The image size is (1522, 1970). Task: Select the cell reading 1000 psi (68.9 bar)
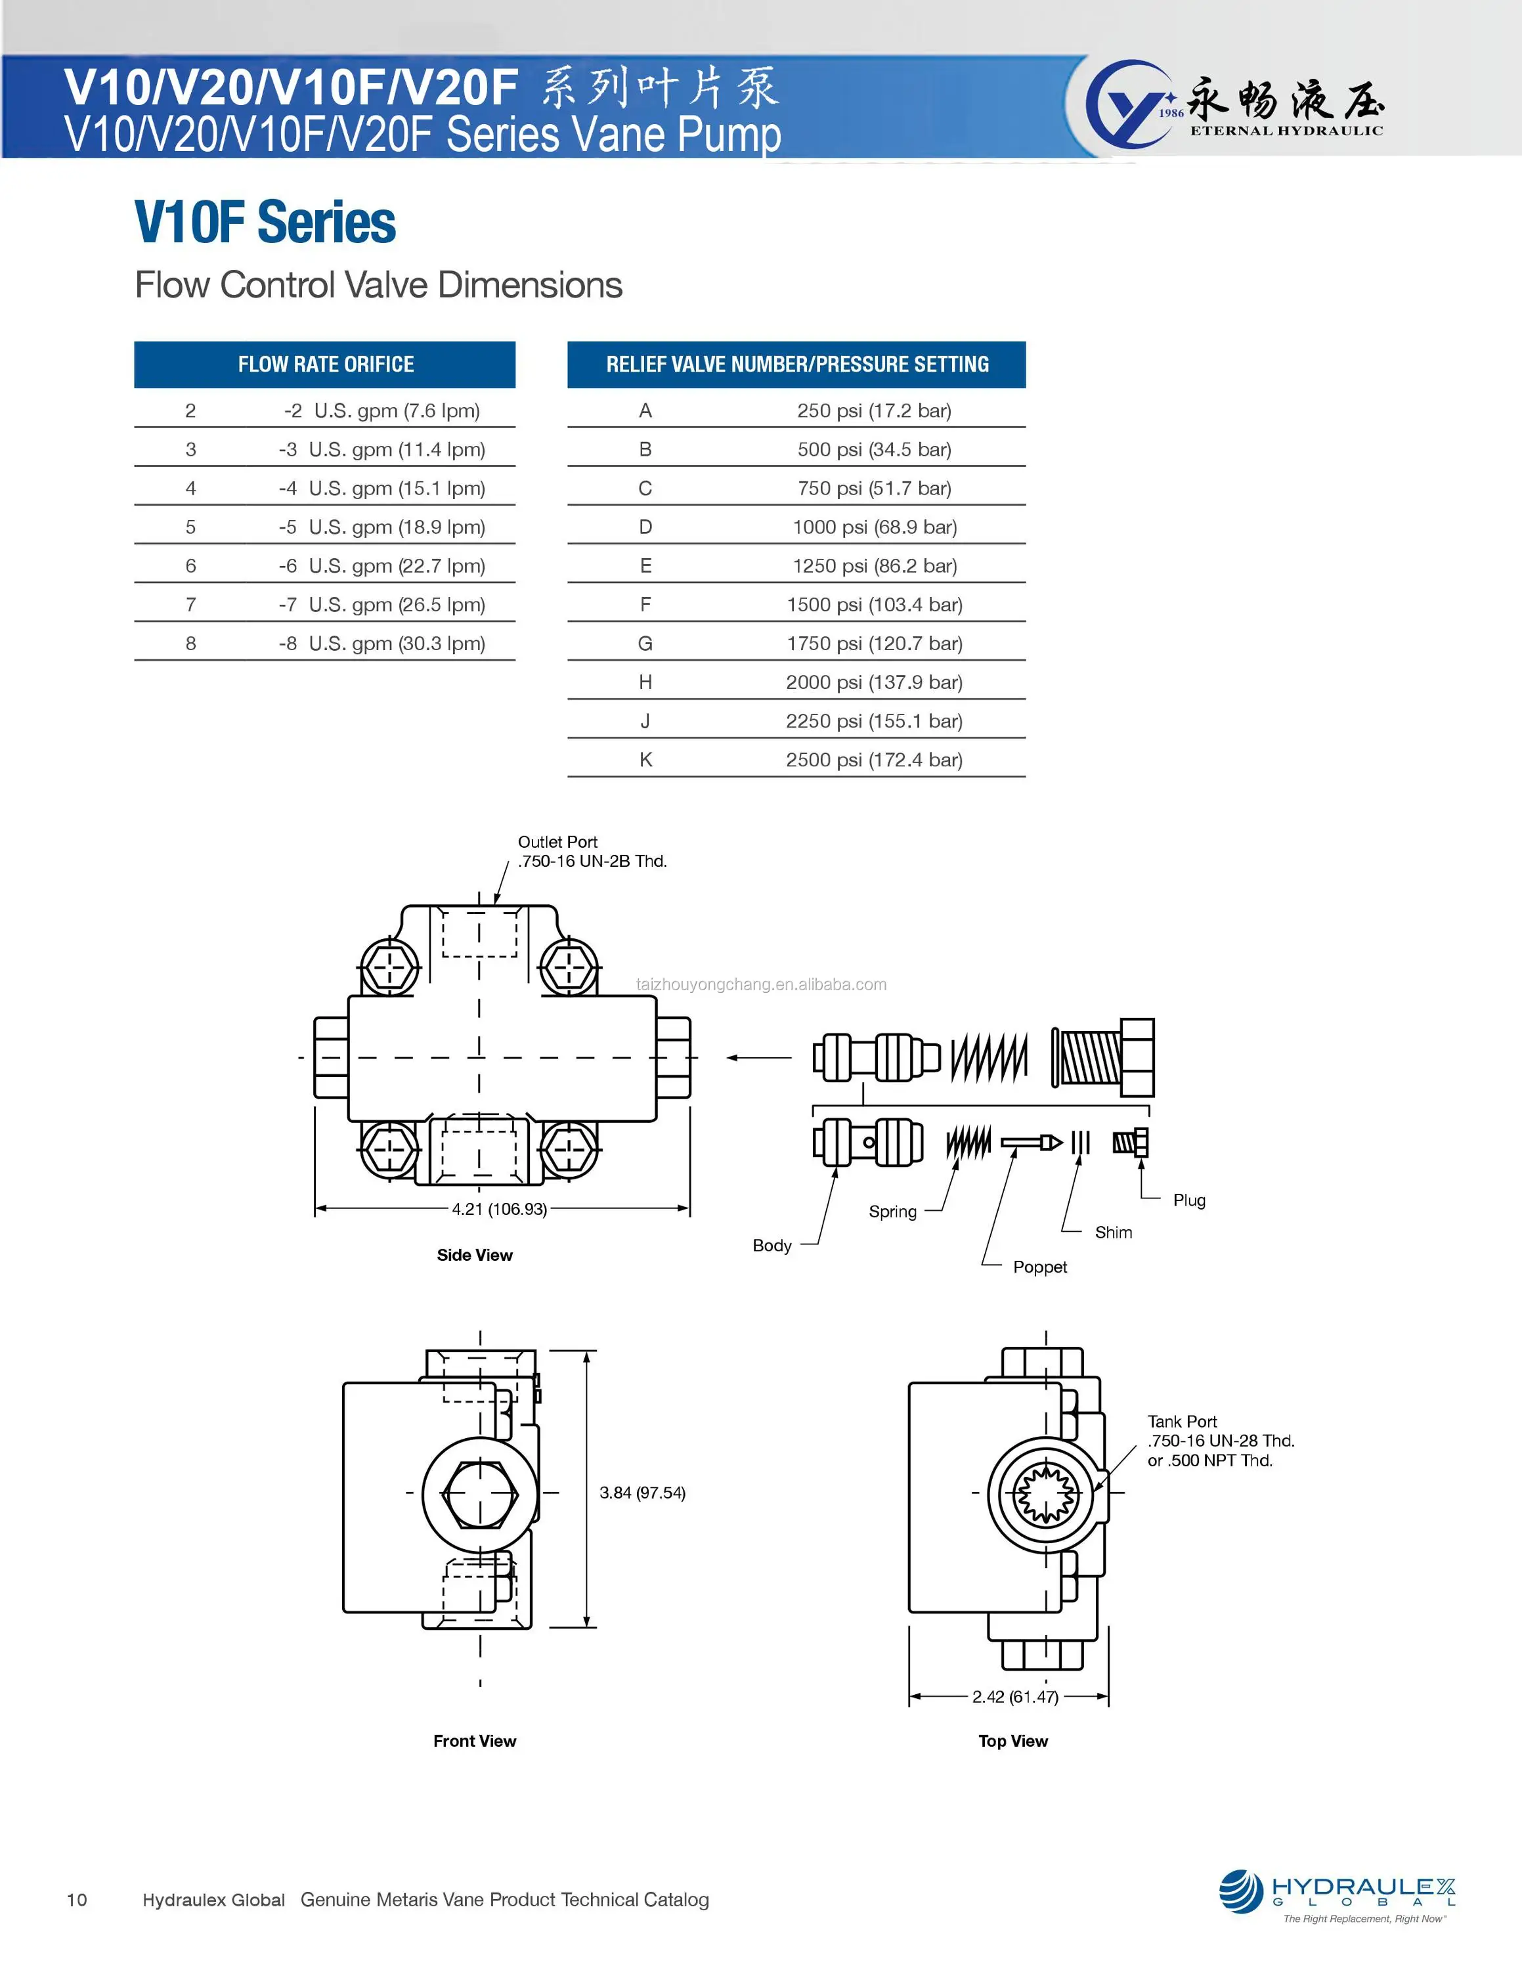point(874,527)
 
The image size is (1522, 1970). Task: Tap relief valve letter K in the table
point(645,760)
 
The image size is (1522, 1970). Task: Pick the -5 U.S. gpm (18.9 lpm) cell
point(381,527)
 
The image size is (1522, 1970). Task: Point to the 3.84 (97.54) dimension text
point(642,1493)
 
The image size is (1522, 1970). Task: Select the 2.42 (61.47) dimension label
point(1014,1697)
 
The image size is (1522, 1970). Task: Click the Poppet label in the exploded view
point(1039,1267)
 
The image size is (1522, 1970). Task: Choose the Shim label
point(1113,1232)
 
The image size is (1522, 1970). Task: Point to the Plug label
point(1188,1200)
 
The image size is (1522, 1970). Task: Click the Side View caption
point(474,1255)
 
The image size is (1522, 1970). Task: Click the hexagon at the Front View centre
point(480,1494)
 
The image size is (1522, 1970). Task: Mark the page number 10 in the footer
point(77,1900)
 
